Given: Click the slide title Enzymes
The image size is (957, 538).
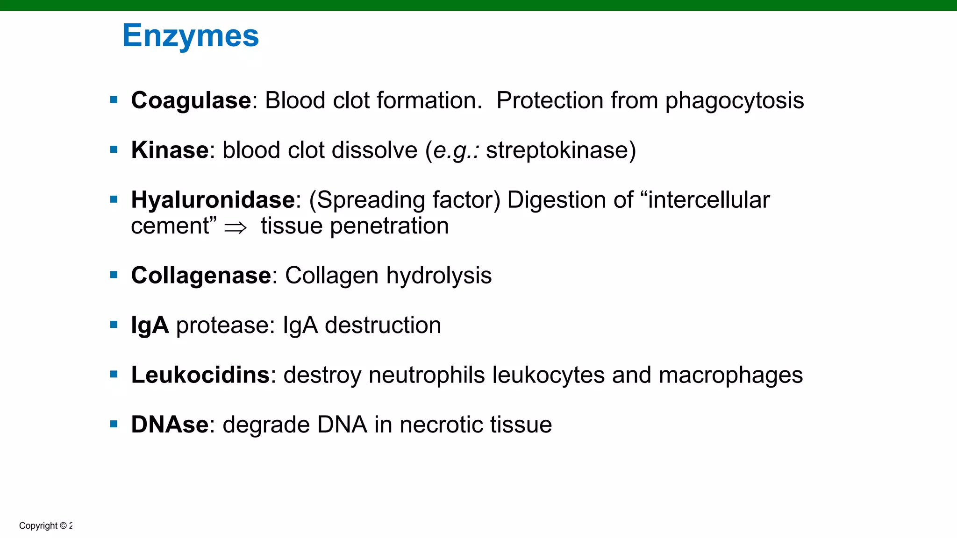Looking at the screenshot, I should point(190,36).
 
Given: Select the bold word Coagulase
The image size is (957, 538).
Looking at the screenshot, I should point(191,100).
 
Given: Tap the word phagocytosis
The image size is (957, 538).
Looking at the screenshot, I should point(734,100).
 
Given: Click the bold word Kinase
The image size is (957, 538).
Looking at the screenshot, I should point(170,150).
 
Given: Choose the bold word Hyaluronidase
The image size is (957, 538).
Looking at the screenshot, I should point(213,200).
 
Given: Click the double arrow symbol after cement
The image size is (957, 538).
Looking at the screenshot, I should point(235,227).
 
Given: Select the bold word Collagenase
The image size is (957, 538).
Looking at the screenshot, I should point(201,276).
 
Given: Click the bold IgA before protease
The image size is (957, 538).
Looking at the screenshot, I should point(150,325).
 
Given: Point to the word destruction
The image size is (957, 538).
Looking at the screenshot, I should point(383,325).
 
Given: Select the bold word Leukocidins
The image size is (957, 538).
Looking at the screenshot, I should point(200,375).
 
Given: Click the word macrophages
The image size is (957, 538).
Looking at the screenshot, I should point(730,375).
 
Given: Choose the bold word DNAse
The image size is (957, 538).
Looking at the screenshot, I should point(170,425).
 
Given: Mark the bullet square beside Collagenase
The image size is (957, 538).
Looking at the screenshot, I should point(114,275).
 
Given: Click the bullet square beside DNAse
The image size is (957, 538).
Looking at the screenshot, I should point(114,424).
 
